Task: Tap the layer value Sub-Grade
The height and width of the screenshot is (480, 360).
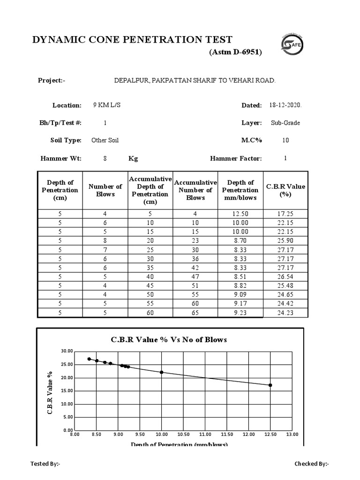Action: pyautogui.click(x=285, y=123)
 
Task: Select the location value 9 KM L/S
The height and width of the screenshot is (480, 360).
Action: pyautogui.click(x=107, y=105)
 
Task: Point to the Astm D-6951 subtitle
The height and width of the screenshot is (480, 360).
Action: pyautogui.click(x=235, y=52)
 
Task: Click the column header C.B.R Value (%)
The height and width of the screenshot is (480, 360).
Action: pyautogui.click(x=285, y=190)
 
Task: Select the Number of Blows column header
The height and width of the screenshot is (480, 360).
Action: pyautogui.click(x=105, y=190)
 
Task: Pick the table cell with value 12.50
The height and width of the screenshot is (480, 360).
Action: pyautogui.click(x=240, y=214)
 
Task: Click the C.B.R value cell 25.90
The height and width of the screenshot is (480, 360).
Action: pyautogui.click(x=285, y=240)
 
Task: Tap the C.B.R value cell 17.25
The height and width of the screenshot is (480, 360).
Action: pyautogui.click(x=285, y=214)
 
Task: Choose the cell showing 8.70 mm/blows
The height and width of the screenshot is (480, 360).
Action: pyautogui.click(x=240, y=240)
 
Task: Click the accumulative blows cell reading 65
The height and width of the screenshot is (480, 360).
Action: pyautogui.click(x=195, y=313)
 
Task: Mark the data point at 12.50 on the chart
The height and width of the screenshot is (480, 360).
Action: pyautogui.click(x=270, y=385)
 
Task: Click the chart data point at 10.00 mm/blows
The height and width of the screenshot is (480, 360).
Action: pyautogui.click(x=162, y=372)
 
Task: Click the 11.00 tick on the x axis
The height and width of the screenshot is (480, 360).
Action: pyautogui.click(x=205, y=435)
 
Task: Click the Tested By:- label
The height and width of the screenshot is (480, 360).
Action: pyautogui.click(x=45, y=464)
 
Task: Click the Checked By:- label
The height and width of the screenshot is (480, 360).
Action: pyautogui.click(x=311, y=464)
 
